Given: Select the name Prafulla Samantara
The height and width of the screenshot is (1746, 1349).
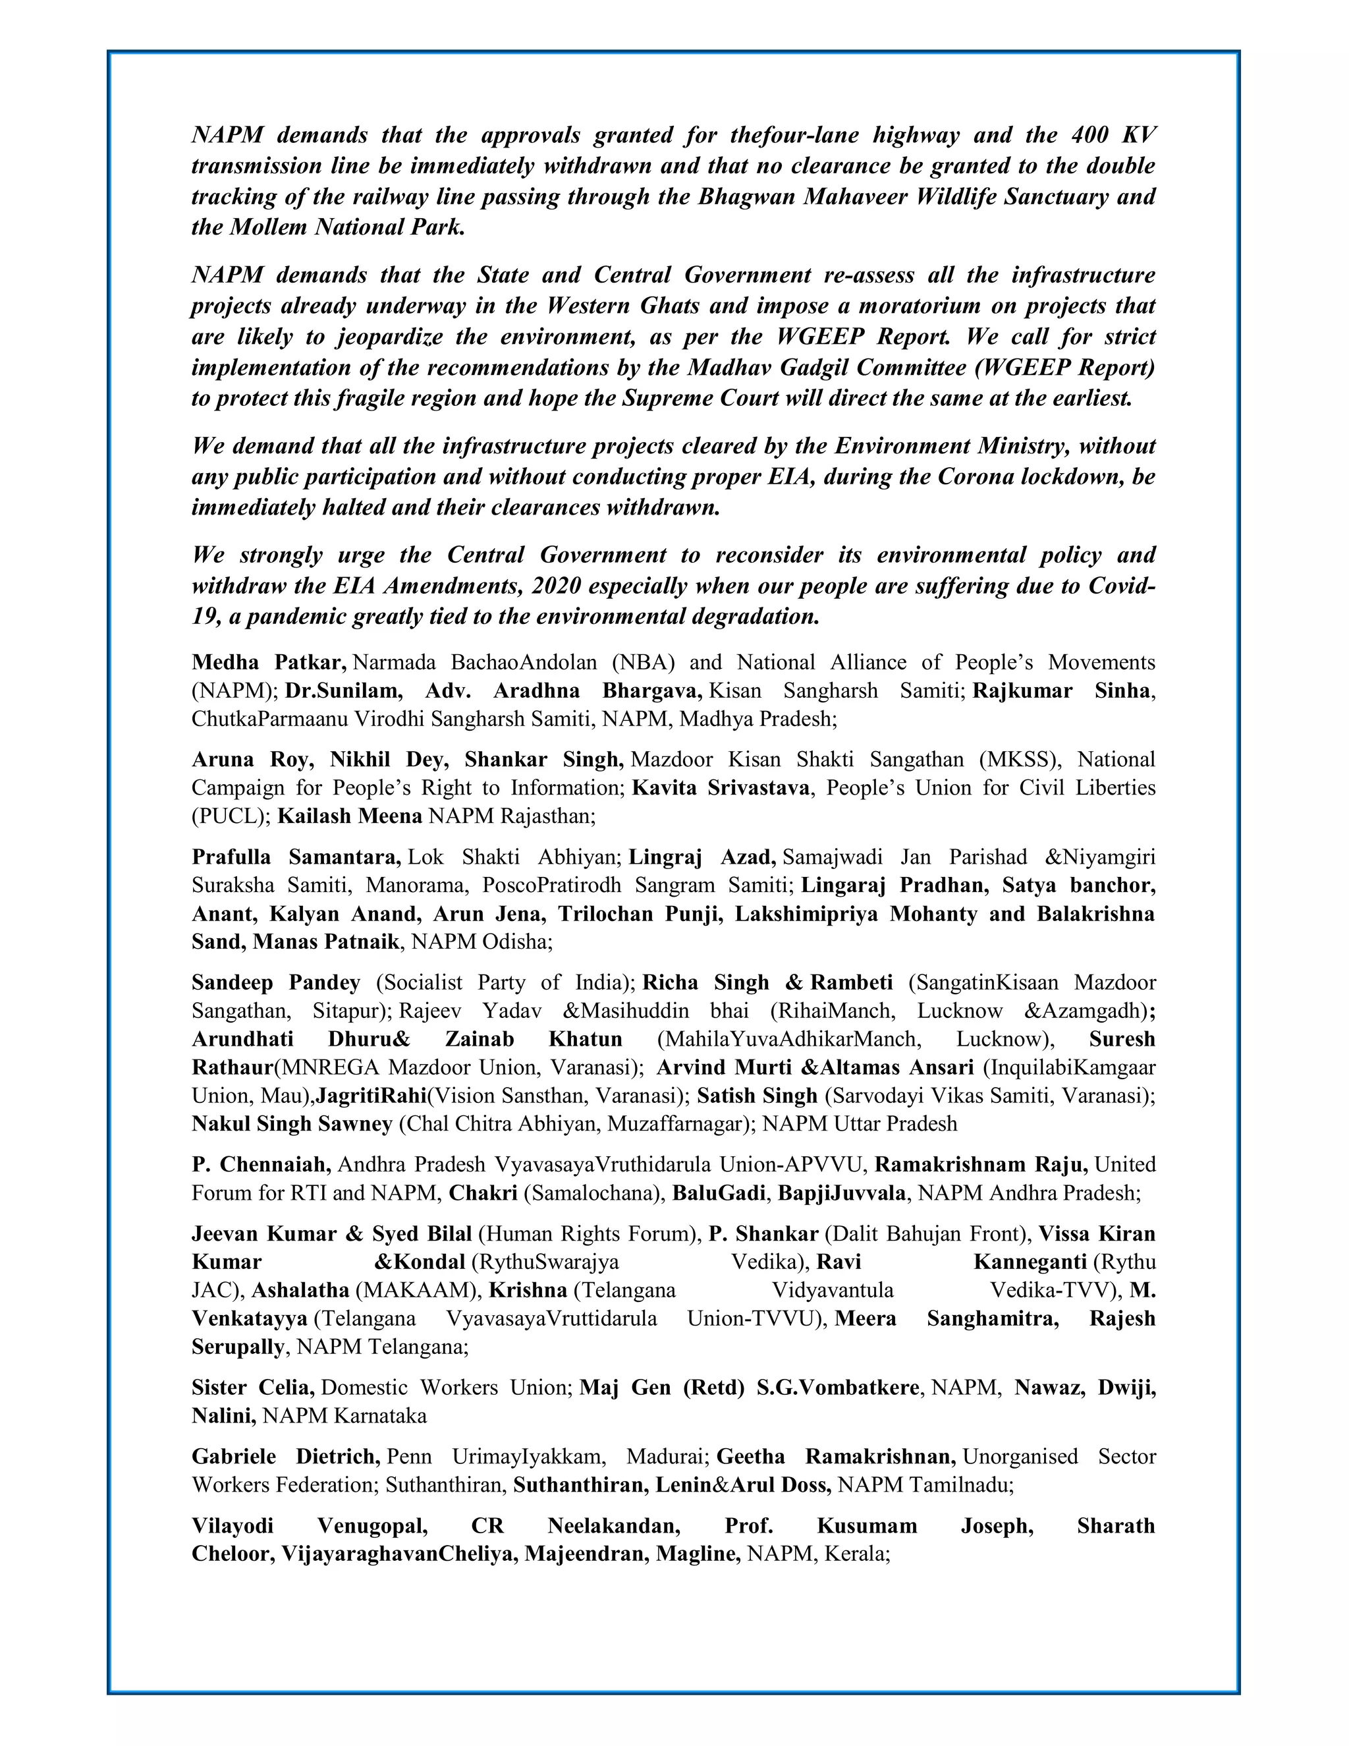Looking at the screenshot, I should [296, 857].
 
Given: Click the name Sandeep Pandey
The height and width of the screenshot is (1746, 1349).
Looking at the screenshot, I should [276, 982].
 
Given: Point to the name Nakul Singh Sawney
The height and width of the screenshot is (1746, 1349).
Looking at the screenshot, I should [292, 1124].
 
